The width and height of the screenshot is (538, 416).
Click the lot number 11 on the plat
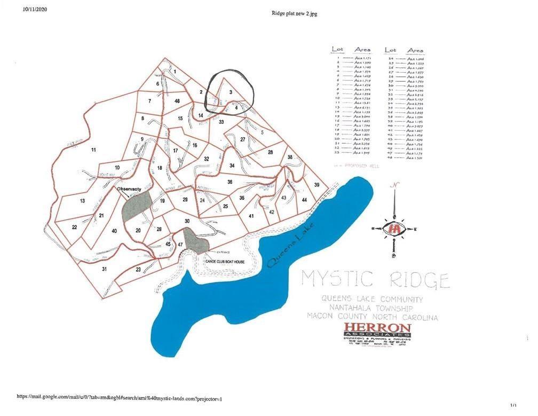tap(93, 150)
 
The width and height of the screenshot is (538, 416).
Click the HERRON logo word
tap(377, 327)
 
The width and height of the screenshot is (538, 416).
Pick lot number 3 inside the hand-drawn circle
tap(231, 92)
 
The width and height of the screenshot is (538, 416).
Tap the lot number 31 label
tap(105, 269)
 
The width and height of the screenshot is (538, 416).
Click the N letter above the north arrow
tap(394, 185)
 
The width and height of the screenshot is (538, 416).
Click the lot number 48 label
tap(177, 101)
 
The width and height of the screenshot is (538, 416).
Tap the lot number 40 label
tap(114, 231)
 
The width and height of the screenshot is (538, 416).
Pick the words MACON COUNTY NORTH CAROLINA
tap(372, 317)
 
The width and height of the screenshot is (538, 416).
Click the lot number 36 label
tap(230, 182)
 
